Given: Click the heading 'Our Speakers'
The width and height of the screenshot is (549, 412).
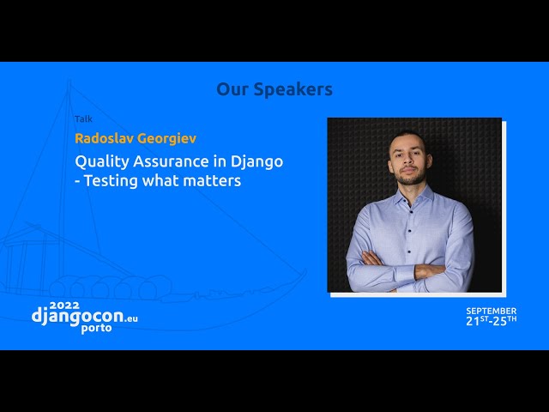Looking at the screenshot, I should pos(274,89).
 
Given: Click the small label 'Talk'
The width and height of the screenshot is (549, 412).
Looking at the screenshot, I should pos(83,119).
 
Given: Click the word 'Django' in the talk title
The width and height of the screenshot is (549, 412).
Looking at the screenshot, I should pos(256,161).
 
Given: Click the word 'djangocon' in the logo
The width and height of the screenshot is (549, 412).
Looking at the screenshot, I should pos(76,316).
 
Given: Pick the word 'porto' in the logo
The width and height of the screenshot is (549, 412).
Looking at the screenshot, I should pos(97,329).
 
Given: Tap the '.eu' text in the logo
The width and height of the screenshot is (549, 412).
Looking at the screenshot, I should pos(130,318).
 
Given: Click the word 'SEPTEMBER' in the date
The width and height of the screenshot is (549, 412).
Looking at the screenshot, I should pos(491,310).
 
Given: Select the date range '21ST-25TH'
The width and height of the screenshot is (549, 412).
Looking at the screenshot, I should pos(491,320).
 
